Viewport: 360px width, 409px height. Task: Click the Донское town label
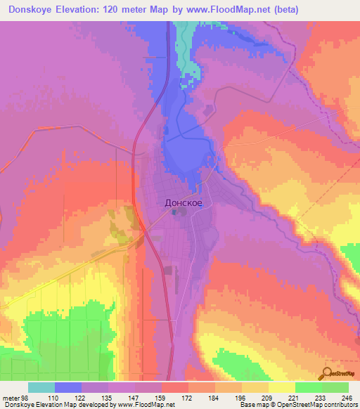coord(184,202)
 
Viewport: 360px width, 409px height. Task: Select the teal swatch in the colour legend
coord(41,387)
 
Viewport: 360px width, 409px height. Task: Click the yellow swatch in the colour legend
coord(281,387)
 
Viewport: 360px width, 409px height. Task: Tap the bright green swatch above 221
coord(308,387)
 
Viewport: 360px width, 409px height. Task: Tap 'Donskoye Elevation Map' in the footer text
coord(38,405)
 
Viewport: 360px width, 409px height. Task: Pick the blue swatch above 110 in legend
coord(68,387)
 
